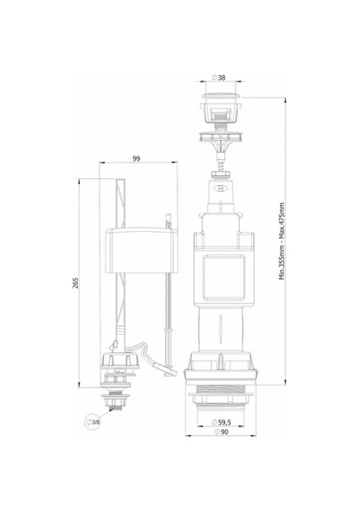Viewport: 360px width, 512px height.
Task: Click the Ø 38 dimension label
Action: pyautogui.click(x=219, y=78)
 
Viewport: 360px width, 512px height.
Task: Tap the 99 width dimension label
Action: pyautogui.click(x=137, y=158)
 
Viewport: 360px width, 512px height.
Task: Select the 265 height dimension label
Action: pyautogui.click(x=75, y=283)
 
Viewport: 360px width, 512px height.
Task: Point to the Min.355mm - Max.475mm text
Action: pyautogui.click(x=281, y=241)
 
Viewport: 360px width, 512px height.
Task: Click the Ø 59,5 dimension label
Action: pyautogui.click(x=222, y=422)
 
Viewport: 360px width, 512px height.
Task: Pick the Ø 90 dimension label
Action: pyautogui.click(x=222, y=432)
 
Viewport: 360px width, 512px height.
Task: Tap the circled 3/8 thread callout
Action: pyautogui.click(x=93, y=422)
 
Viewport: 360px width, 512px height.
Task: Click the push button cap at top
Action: pyautogui.click(x=222, y=96)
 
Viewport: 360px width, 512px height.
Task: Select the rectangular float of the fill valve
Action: pyautogui.click(x=141, y=250)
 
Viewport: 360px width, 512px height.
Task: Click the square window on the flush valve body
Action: pyautogui.click(x=224, y=278)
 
